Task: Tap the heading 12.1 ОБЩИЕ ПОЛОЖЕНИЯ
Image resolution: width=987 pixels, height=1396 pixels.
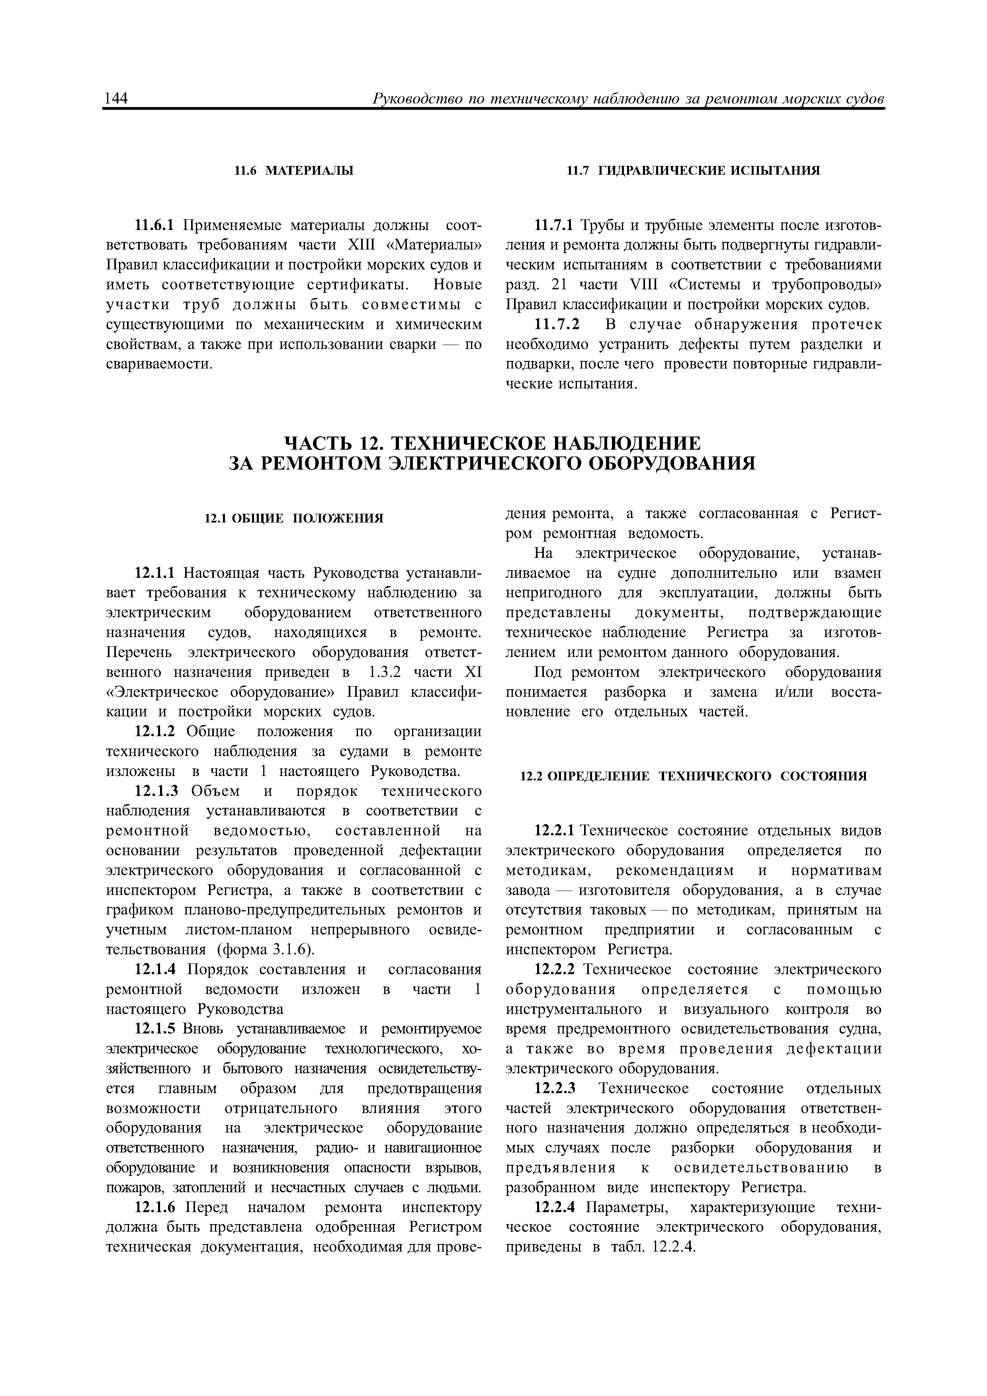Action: [x=293, y=518]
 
